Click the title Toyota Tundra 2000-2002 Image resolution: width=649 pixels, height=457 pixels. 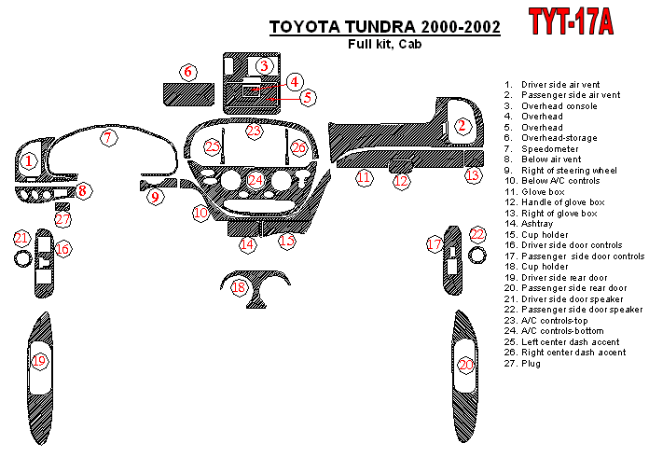[384, 28]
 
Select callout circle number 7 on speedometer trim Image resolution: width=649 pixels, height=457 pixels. [109, 139]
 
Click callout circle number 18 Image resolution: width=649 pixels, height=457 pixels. [240, 288]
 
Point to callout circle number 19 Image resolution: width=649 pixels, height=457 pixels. [39, 360]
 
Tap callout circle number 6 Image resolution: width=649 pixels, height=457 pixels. [188, 72]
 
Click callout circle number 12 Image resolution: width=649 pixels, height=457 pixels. [401, 181]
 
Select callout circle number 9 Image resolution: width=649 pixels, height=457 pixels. [156, 197]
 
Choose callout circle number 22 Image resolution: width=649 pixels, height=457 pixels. [477, 234]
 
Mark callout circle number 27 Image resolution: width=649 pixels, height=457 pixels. [62, 219]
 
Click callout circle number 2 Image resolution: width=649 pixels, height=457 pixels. [462, 126]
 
